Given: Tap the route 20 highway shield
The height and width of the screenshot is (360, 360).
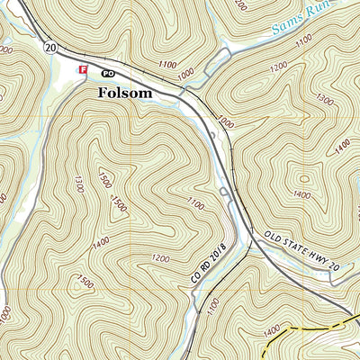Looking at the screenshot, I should tap(49, 47).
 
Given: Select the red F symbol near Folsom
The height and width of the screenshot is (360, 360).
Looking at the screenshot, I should tap(84, 69).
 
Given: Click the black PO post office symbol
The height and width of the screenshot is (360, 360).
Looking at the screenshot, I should tap(108, 71).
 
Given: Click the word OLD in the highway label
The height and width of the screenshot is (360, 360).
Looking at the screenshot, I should tap(275, 240).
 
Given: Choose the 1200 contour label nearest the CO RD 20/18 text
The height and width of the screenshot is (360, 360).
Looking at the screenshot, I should tap(161, 259).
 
